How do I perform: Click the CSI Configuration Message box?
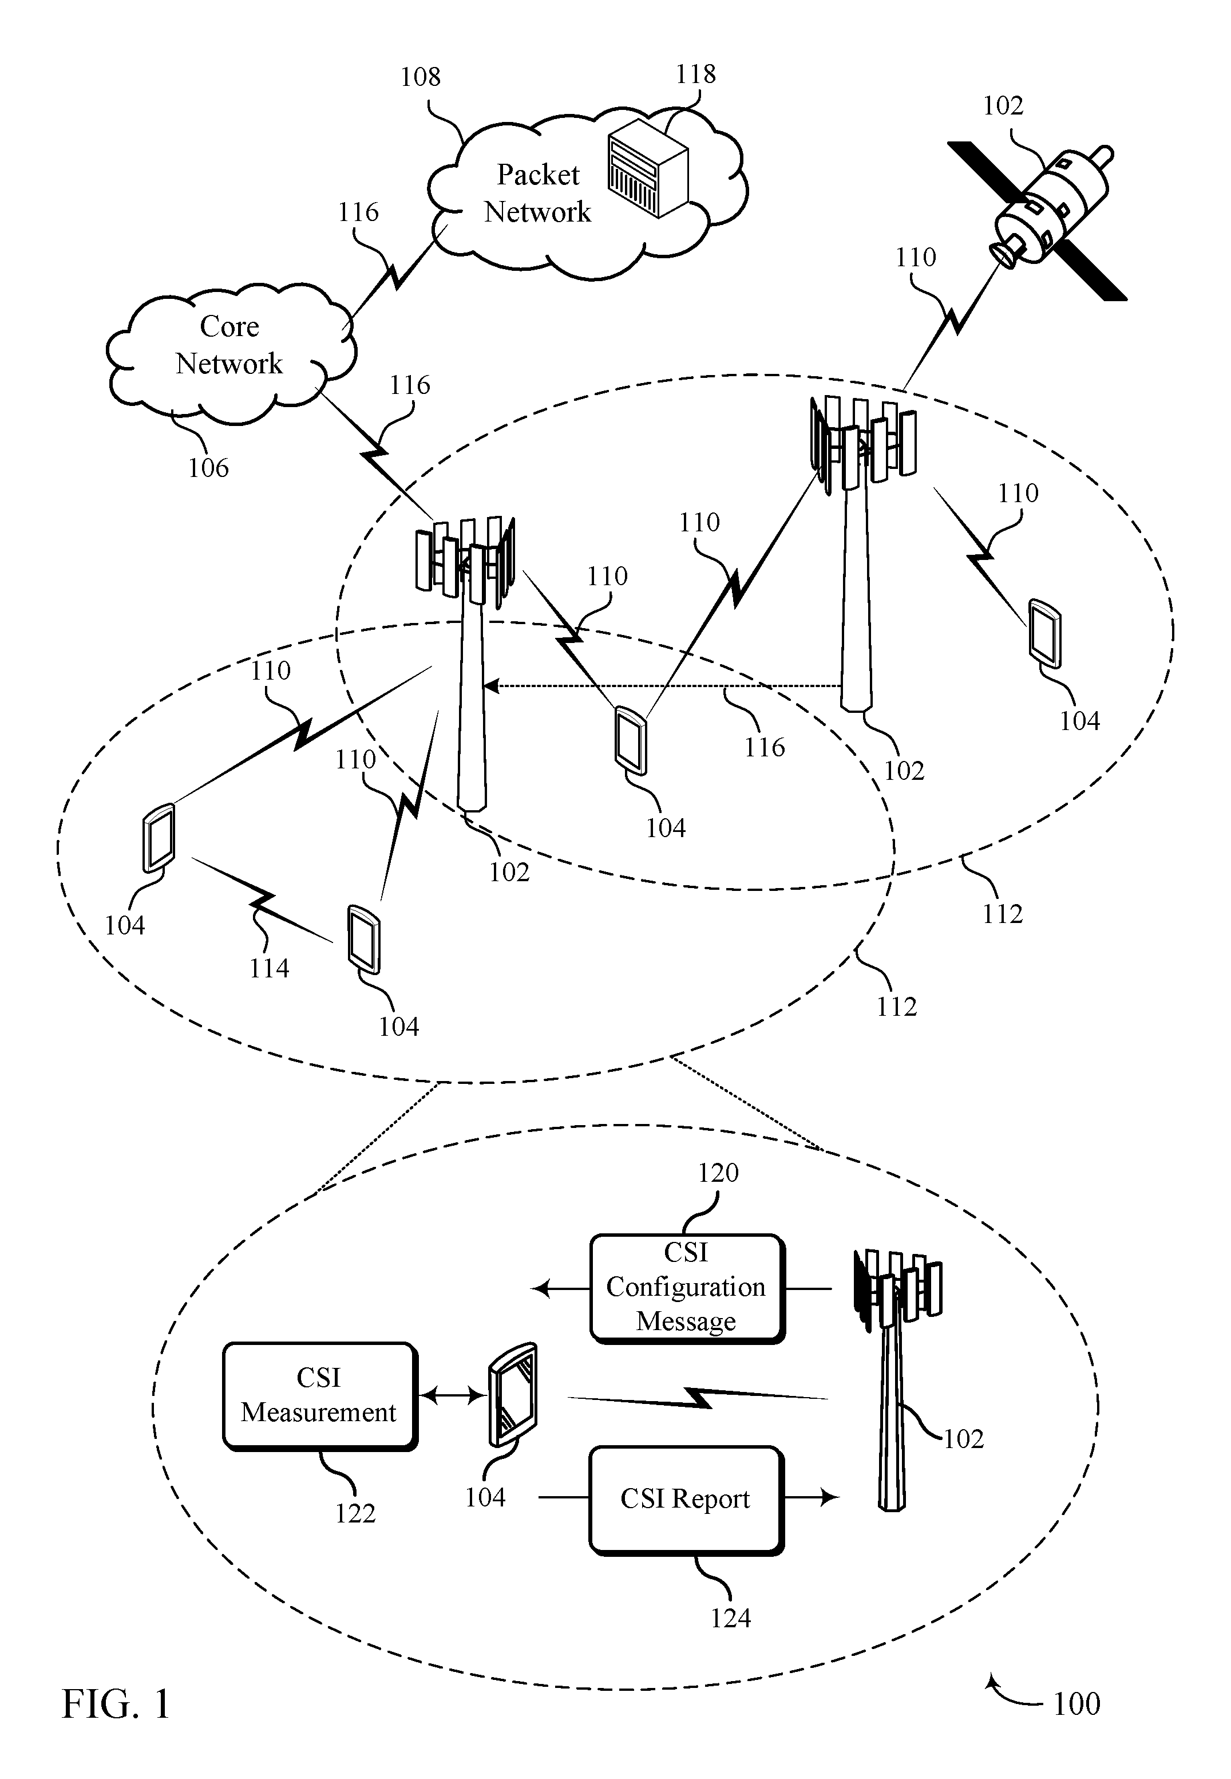click(x=686, y=1288)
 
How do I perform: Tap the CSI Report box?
click(x=686, y=1499)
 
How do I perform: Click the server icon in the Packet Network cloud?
click(x=648, y=173)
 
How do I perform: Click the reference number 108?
click(x=421, y=77)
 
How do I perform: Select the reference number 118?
click(x=696, y=74)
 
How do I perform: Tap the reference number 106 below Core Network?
click(x=208, y=467)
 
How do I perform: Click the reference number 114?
click(x=269, y=968)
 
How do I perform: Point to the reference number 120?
click(x=718, y=1173)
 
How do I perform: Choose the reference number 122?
click(x=355, y=1514)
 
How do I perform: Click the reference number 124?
click(x=730, y=1618)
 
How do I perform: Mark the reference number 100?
click(x=1076, y=1703)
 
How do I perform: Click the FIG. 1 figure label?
click(x=116, y=1703)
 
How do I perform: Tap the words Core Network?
click(x=229, y=345)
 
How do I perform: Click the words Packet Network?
click(x=537, y=193)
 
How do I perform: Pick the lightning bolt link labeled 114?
click(x=262, y=900)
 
